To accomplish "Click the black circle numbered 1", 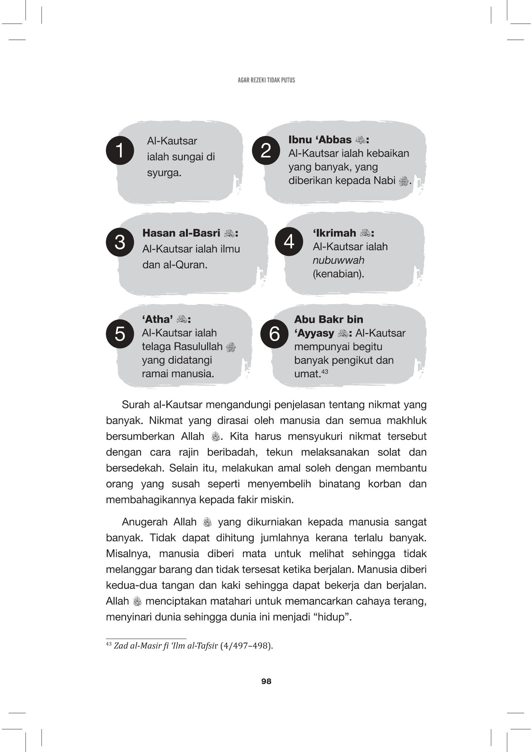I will click(x=120, y=150).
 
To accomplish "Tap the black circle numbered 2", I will click(x=266, y=150).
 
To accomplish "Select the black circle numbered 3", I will click(x=120, y=242).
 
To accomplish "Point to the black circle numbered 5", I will click(x=120, y=334).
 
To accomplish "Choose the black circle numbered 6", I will click(x=274, y=334).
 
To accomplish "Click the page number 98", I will click(x=266, y=681).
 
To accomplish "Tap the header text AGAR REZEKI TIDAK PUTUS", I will click(x=266, y=80).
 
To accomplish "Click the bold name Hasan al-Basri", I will click(x=181, y=233).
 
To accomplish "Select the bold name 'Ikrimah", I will click(x=334, y=233).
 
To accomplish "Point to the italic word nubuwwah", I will click(x=338, y=260).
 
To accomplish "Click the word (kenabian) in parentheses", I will click(x=338, y=274).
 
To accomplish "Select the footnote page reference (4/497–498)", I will click(x=246, y=646).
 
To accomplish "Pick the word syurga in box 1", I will click(x=163, y=173).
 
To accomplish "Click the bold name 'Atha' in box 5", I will click(x=158, y=319).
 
